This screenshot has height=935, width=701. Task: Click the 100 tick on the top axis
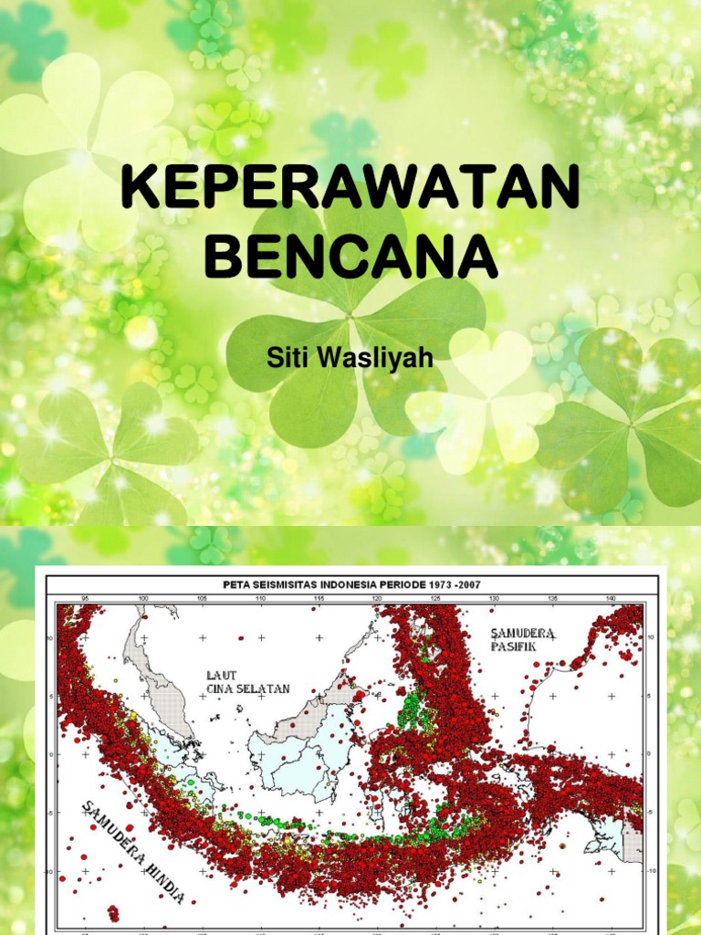pyautogui.click(x=142, y=599)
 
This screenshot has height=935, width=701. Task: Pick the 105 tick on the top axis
pyautogui.click(x=201, y=599)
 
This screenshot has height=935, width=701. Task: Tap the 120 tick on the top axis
pyautogui.click(x=376, y=599)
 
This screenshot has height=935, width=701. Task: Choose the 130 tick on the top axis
pyautogui.click(x=493, y=599)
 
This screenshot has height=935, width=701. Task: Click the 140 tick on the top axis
pyautogui.click(x=610, y=599)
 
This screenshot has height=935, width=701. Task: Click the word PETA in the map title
pyautogui.click(x=238, y=583)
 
